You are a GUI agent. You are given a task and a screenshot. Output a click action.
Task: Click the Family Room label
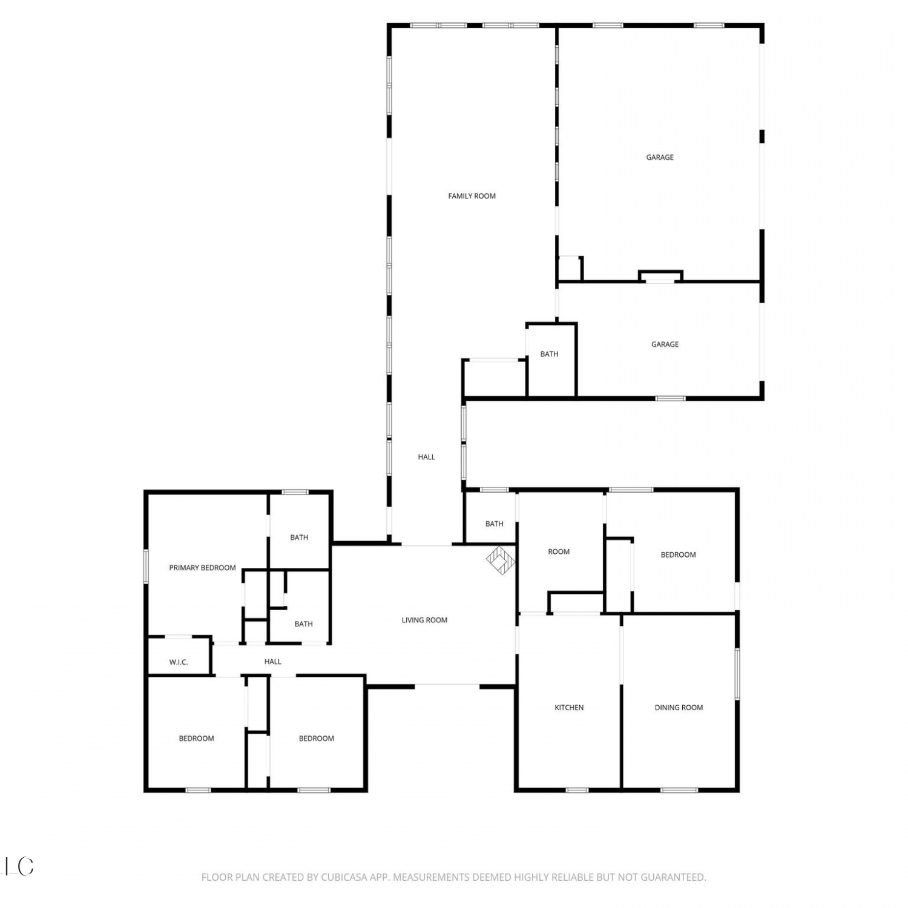point(472,196)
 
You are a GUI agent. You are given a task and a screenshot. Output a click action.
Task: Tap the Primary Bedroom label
point(202,568)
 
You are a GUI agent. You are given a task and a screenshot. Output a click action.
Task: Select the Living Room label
point(424,620)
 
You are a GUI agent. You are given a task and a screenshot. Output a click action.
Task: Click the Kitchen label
point(569,708)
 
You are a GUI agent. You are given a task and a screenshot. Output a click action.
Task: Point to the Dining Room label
point(679,708)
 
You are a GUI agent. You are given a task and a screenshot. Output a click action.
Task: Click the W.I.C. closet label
point(179,662)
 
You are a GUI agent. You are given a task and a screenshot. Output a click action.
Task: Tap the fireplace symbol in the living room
point(501,561)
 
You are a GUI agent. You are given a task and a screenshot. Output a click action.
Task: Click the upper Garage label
point(660,157)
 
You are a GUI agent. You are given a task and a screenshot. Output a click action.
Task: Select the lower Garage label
point(665,344)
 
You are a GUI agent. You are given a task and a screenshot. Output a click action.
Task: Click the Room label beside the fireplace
point(559,551)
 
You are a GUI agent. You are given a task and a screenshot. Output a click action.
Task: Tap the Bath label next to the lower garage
point(549,354)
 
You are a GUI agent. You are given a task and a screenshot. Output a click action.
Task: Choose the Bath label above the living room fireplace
point(494,524)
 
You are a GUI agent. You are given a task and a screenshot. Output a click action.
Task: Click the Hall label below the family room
point(426,457)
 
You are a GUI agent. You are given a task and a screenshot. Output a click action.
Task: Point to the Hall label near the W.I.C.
point(272,662)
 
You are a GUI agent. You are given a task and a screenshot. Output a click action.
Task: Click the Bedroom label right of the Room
point(678,554)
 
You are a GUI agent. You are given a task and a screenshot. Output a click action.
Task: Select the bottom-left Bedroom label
point(196,739)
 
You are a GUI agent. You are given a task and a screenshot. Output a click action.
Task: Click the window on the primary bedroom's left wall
point(146,567)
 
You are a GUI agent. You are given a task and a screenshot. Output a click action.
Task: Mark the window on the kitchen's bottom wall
point(577,790)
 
